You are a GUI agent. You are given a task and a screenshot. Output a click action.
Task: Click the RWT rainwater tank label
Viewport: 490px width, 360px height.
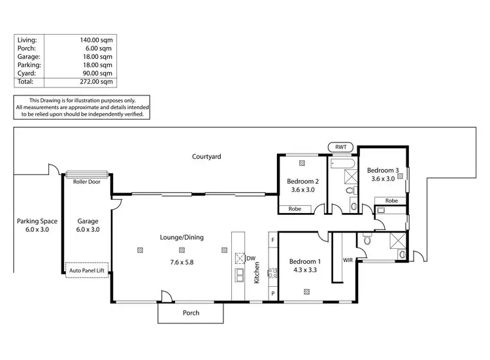pyautogui.click(x=341, y=148)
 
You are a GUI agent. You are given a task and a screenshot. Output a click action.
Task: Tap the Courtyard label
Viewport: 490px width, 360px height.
pyautogui.click(x=206, y=157)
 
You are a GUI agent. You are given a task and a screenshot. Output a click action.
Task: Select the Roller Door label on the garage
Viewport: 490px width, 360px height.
pyautogui.click(x=86, y=182)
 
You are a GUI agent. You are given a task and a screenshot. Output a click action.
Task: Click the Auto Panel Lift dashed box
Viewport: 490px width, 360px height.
pyautogui.click(x=88, y=269)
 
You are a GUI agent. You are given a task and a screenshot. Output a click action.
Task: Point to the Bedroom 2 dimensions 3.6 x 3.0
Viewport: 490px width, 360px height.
pyautogui.click(x=302, y=191)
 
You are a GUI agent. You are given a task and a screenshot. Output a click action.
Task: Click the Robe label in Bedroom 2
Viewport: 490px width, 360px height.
pyautogui.click(x=295, y=209)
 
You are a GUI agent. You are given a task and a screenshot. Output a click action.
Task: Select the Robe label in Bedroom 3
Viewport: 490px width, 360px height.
pyautogui.click(x=391, y=201)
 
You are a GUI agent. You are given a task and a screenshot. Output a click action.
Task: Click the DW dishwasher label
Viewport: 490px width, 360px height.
pyautogui.click(x=252, y=257)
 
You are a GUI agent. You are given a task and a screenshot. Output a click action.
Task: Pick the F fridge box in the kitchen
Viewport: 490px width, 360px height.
pyautogui.click(x=272, y=241)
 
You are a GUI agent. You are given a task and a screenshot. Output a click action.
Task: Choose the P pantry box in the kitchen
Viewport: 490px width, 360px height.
pyautogui.click(x=272, y=294)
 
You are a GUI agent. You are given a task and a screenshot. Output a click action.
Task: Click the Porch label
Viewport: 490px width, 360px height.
pyautogui.click(x=191, y=313)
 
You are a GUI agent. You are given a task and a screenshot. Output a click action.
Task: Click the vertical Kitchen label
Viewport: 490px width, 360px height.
pyautogui.click(x=257, y=273)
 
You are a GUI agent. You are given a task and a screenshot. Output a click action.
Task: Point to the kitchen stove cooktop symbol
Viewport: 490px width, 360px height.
pyautogui.click(x=272, y=273)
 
